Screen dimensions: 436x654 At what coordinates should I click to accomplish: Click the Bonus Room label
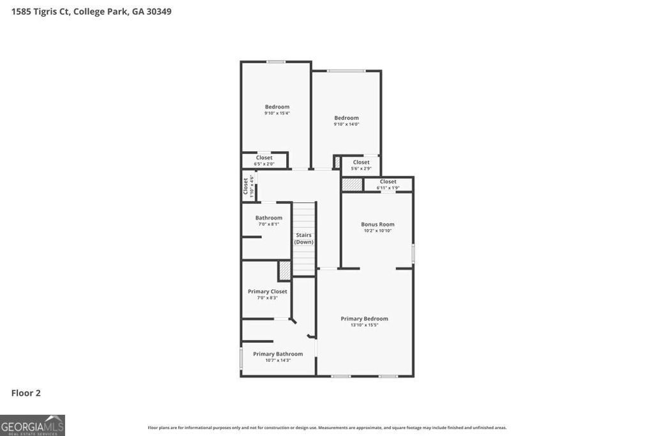coord(377,224)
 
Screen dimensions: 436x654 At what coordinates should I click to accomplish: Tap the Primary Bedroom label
coord(364,319)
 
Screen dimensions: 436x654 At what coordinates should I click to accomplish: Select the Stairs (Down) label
coord(304,238)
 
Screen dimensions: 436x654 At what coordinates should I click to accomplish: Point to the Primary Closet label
coord(267,291)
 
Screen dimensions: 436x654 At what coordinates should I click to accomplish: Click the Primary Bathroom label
coord(278,354)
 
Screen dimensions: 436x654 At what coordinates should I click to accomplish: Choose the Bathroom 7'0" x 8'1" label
coord(269,218)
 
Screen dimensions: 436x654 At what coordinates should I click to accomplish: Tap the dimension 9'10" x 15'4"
coord(277,114)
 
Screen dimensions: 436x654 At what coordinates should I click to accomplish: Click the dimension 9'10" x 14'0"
coord(346,124)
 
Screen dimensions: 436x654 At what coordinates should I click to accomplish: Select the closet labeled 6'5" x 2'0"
coord(264,160)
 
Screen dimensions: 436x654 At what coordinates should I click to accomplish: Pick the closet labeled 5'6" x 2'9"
coord(361,165)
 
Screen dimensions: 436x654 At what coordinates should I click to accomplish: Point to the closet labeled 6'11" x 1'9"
coord(388,184)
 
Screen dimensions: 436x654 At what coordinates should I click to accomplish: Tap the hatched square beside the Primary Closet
coord(284,270)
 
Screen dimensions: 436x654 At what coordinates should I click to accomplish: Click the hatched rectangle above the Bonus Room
coord(351,184)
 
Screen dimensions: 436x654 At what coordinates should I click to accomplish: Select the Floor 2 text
coord(26,393)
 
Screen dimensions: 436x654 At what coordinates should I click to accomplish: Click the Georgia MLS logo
coord(33,425)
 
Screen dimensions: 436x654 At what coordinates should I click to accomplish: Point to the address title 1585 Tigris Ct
coord(91,11)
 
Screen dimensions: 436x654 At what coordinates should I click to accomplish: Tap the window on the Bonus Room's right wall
coord(413,253)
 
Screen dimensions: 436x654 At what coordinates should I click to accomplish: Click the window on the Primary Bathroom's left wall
coord(241,357)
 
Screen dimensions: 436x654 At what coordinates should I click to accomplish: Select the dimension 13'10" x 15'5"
coord(364,325)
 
